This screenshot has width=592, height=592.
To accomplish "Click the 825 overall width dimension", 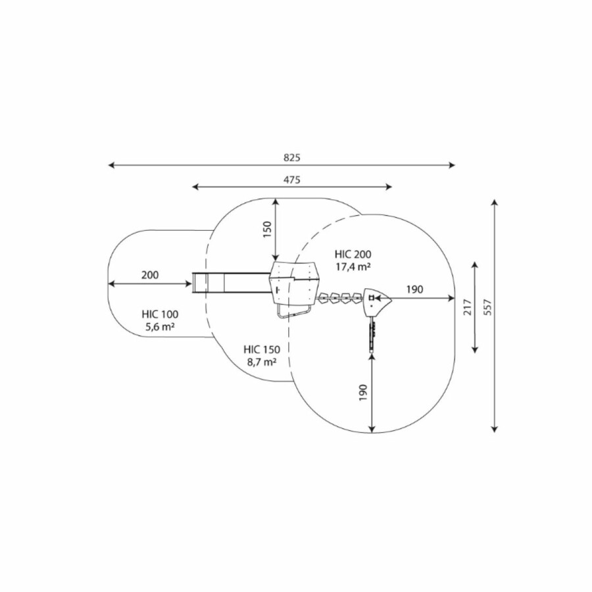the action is pos(292,158).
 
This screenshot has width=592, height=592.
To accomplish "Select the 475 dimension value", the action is pos(292,180).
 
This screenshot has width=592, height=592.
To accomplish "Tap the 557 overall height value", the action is pos(488,307).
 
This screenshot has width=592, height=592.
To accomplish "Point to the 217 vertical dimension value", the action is pos(468,307).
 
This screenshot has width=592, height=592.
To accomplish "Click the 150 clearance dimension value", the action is pos(267,229).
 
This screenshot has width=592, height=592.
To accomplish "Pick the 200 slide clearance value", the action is pos(150,275).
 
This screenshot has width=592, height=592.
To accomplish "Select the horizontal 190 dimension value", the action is pos(414,289).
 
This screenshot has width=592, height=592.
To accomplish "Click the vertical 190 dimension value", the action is pos(363,393).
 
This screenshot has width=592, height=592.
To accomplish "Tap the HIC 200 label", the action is pos(353,254).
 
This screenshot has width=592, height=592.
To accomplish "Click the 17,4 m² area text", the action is pos(353,266).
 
